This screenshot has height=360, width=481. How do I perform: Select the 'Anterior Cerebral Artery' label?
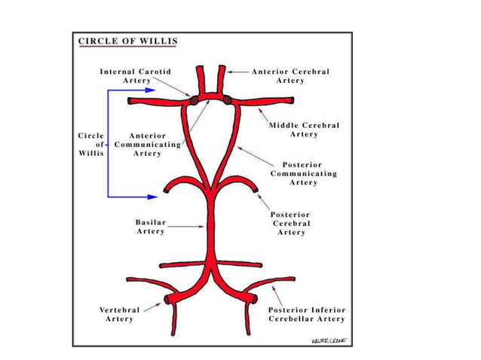(x=290, y=75)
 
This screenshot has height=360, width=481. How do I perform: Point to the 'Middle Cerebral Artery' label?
(x=304, y=130)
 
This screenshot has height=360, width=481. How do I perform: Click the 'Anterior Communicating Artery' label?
(x=147, y=145)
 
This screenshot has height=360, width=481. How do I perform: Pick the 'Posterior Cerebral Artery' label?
(x=291, y=224)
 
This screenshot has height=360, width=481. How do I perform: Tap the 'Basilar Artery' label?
(x=150, y=227)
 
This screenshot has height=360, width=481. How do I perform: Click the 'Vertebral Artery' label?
(x=119, y=314)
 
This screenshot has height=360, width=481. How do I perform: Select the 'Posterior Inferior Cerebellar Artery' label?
(x=307, y=314)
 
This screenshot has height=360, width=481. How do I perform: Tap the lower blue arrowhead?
(x=154, y=197)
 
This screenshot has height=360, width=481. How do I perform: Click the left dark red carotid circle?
(x=194, y=100)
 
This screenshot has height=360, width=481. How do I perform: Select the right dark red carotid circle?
(x=226, y=100)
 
